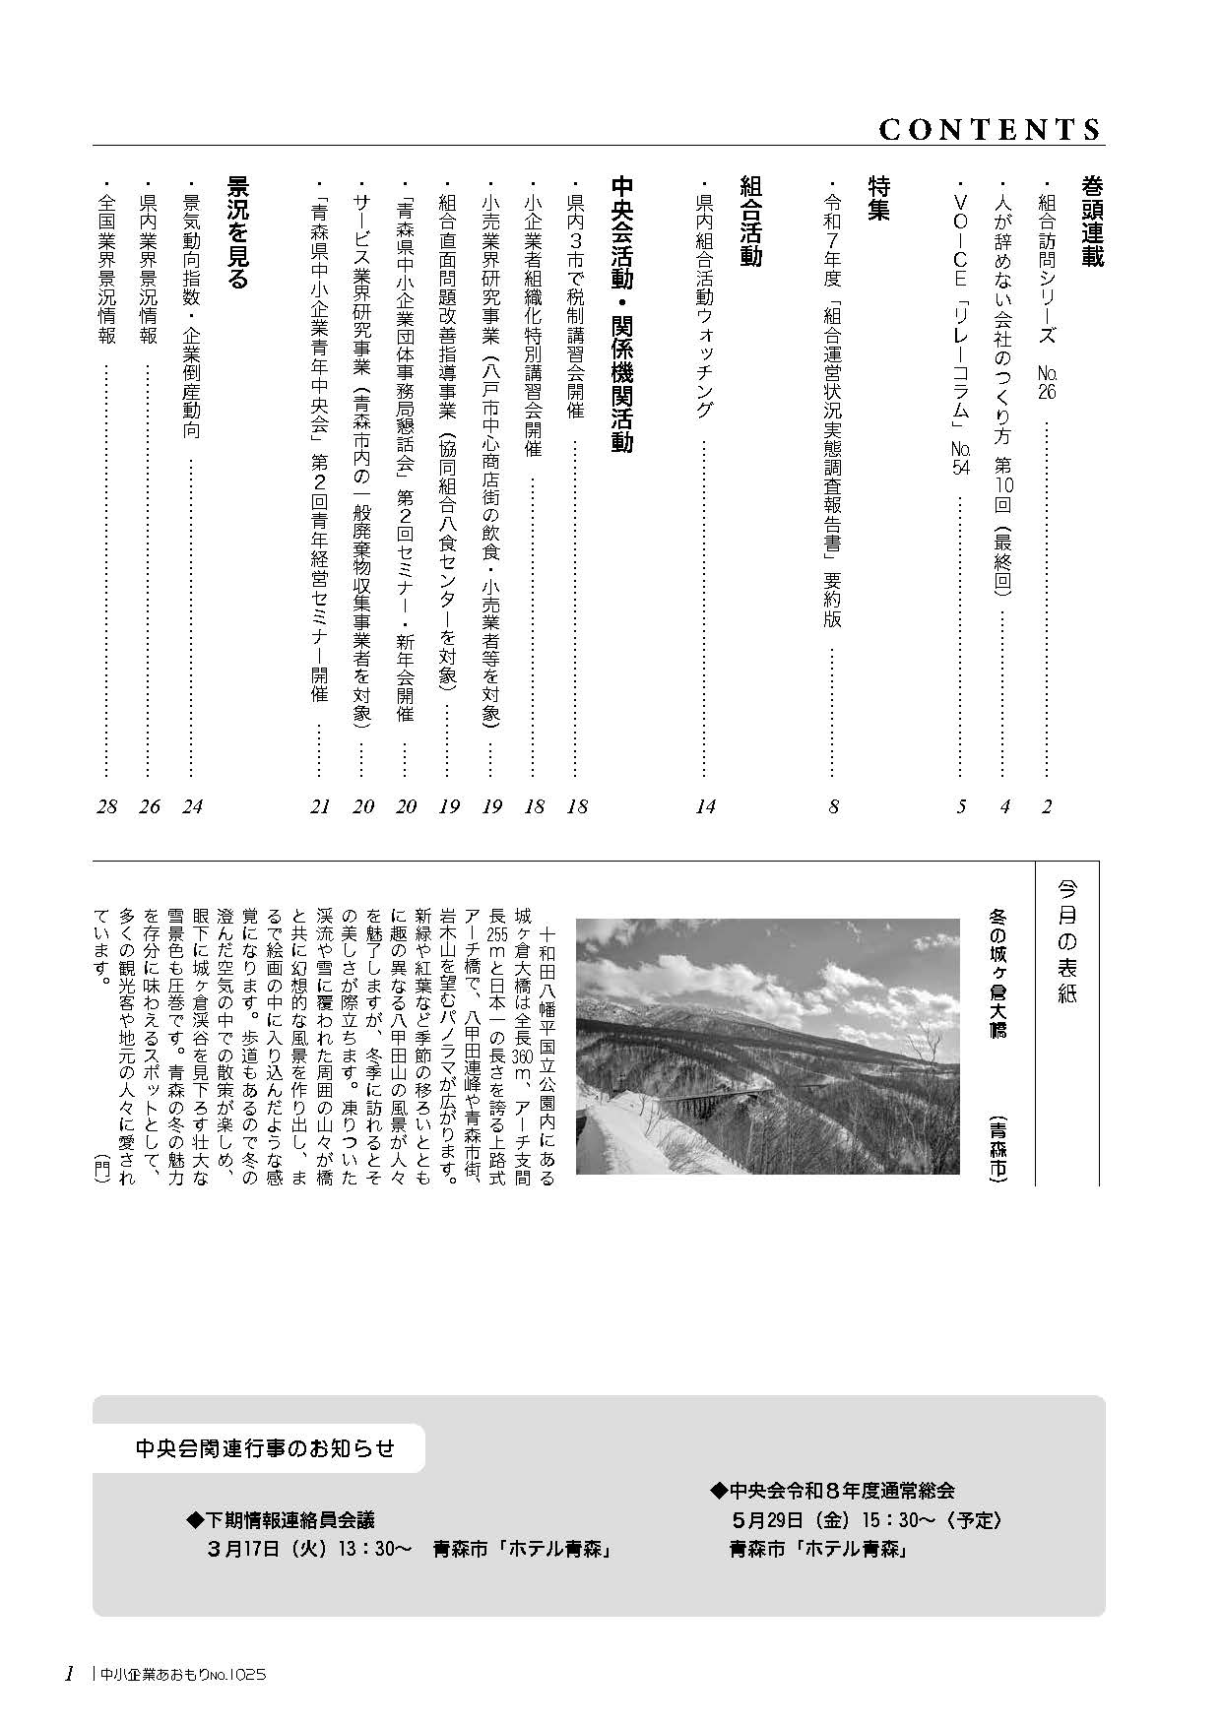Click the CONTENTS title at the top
pos(990,129)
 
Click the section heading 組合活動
pos(750,222)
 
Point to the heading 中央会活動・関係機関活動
pos(622,314)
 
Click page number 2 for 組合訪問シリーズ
pos(1047,806)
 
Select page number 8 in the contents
pos(833,806)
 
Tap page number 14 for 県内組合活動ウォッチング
pos(705,806)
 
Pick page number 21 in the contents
pos(320,806)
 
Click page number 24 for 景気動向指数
pos(192,806)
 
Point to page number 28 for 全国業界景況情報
pos(106,806)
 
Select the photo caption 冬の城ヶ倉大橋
pos(997,973)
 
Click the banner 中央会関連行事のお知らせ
pos(265,1447)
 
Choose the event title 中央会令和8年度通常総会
pos(832,1491)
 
